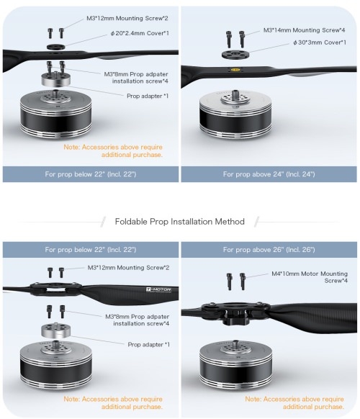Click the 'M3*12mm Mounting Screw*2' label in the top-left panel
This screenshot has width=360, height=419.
coord(127,19)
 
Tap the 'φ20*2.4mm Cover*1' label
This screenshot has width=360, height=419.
coord(140,33)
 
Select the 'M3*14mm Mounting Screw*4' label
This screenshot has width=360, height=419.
coord(304,30)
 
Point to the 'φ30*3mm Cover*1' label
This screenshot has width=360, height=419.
coord(320,42)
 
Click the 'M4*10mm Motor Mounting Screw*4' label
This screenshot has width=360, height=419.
coord(310,277)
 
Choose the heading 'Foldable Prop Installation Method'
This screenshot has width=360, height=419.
coord(179,222)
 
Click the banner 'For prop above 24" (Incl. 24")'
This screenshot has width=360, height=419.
coord(269,174)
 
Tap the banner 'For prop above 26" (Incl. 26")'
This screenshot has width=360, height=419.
coord(269,250)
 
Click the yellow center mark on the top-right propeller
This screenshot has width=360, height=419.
coord(235,71)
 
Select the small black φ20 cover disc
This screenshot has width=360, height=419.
coord(56,47)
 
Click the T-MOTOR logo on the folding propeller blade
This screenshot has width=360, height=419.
coord(158,290)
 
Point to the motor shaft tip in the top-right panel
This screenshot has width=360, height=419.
coord(235,91)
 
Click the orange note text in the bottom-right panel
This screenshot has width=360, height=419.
coord(294,402)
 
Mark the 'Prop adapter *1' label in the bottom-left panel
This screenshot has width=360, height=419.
coord(148,344)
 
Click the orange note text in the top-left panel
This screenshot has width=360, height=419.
coord(113,151)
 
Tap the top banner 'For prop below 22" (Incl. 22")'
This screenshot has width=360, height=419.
coord(91,174)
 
